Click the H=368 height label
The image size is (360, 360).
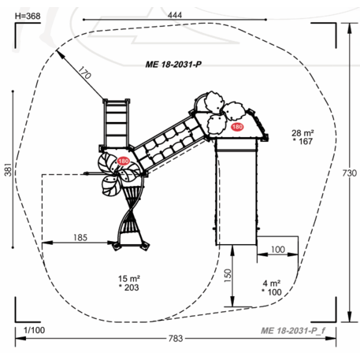28,16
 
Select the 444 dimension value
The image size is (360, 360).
175,15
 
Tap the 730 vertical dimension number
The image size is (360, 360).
350,173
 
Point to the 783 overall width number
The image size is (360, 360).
176,339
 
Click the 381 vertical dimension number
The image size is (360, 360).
8,169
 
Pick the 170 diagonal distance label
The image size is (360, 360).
84,72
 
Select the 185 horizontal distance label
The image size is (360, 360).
80,238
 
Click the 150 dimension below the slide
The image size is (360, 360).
228,276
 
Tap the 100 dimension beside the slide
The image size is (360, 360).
278,249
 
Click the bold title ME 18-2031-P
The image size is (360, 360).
173,65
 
